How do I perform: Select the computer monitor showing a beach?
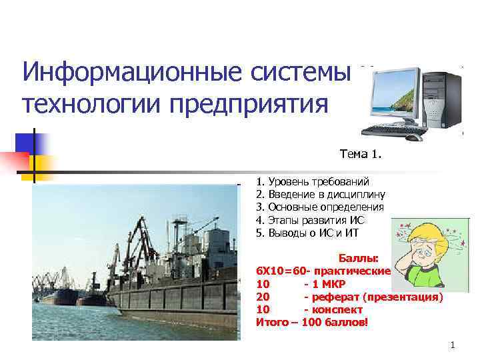tap(397, 97)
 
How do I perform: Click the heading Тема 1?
tap(361, 155)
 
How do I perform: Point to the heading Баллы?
tap(359, 259)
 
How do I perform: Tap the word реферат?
tap(336, 297)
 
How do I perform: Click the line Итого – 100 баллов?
tap(311, 322)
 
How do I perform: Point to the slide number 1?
tap(452, 345)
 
